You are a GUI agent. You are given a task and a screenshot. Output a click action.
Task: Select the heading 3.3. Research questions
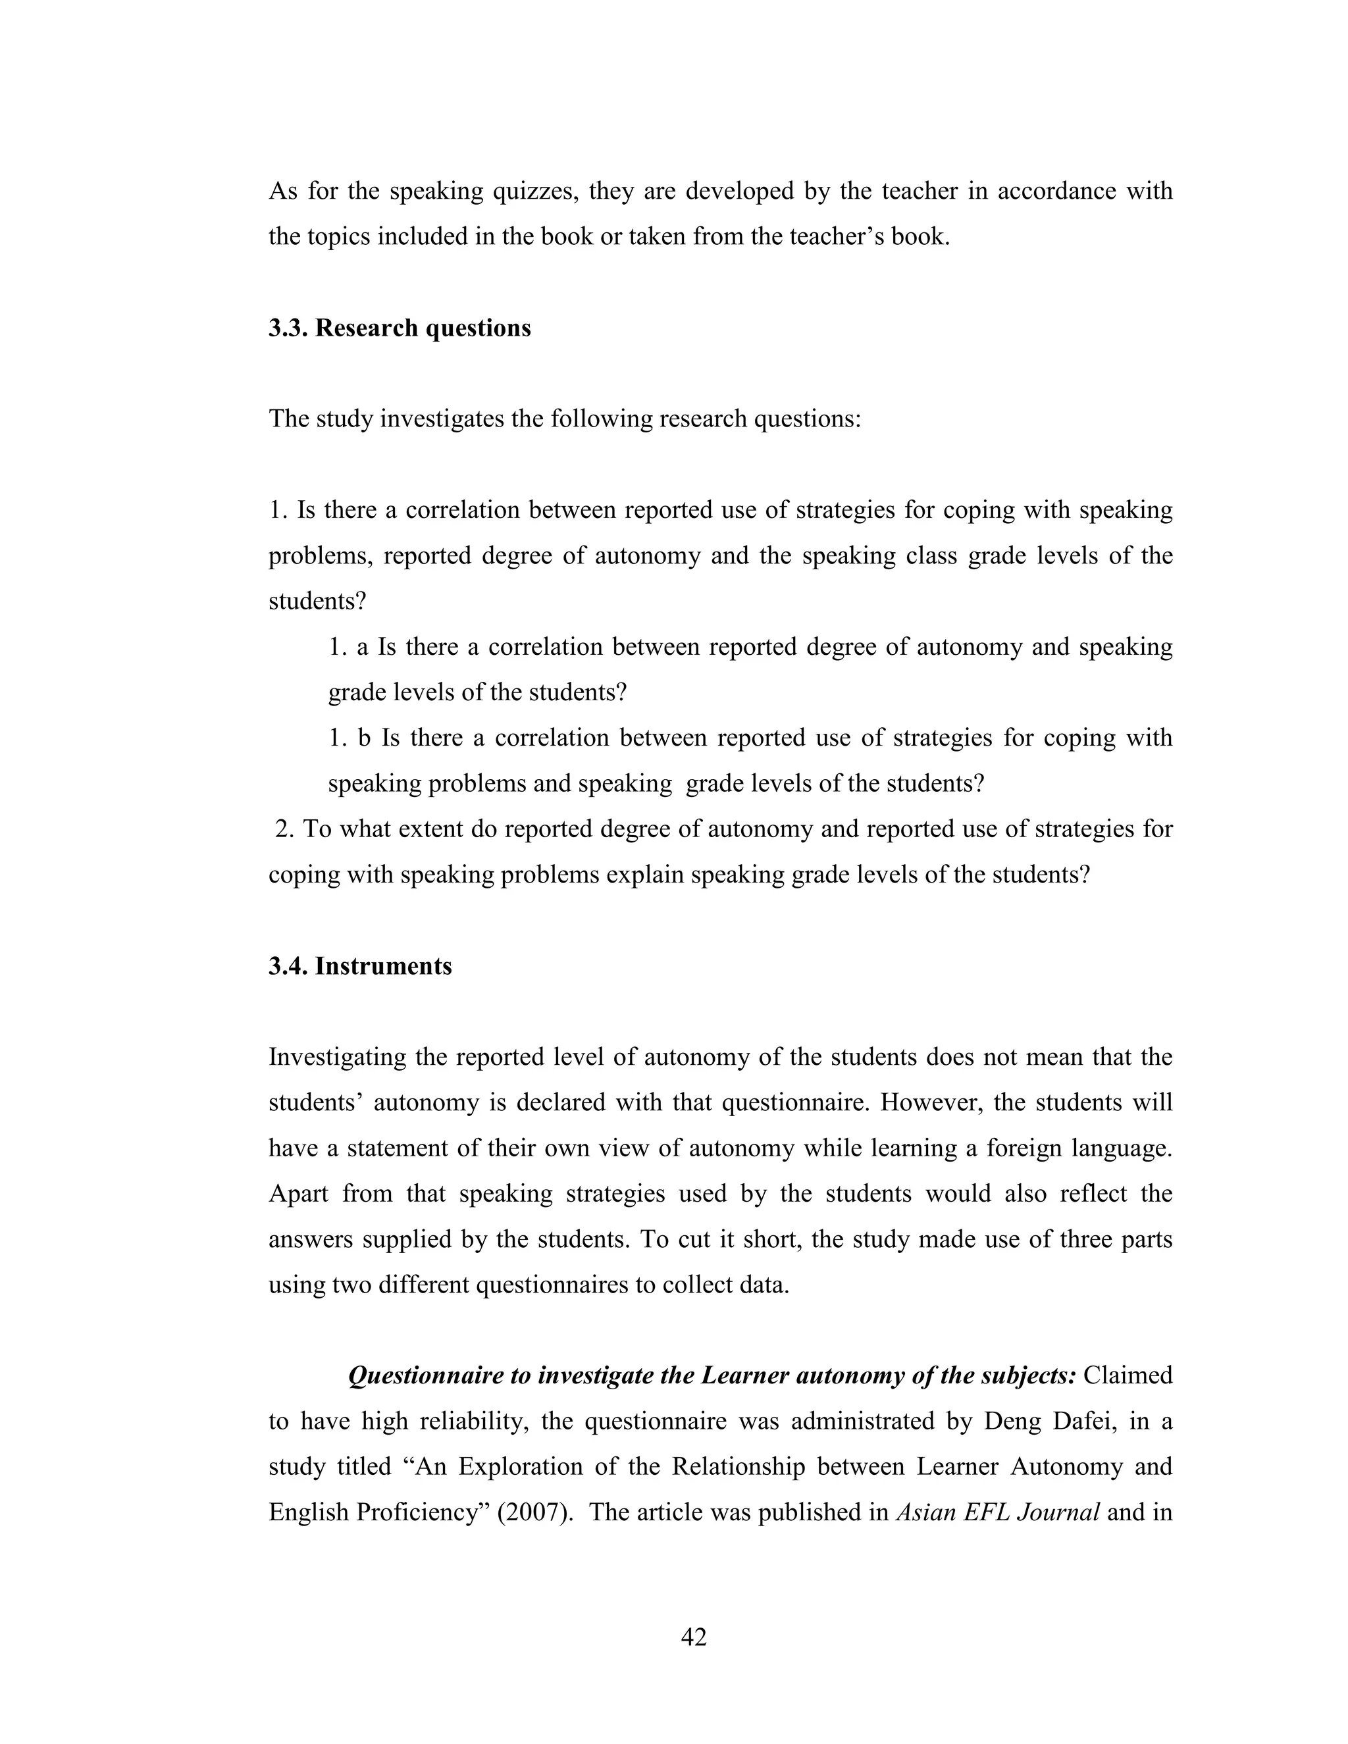(400, 328)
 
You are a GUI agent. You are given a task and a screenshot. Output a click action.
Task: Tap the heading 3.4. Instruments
(360, 966)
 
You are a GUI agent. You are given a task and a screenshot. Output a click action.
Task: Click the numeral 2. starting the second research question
(285, 829)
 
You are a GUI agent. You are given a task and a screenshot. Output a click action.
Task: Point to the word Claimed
(1128, 1376)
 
